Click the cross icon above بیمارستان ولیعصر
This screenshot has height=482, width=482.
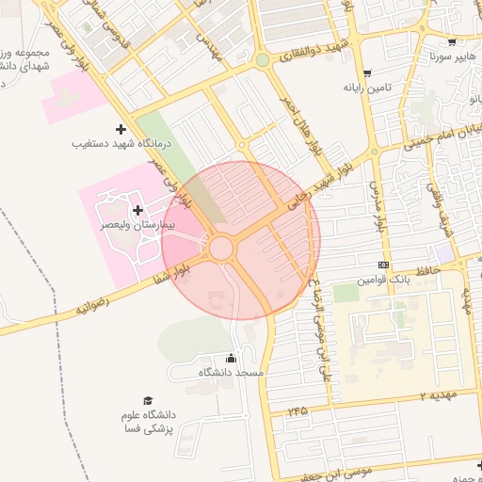(x=138, y=210)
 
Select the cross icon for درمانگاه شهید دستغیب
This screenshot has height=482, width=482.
(x=120, y=129)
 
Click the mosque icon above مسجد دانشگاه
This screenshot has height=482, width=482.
(x=233, y=358)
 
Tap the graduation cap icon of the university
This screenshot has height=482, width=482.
(x=146, y=400)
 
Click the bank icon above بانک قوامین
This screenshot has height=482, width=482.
(x=382, y=265)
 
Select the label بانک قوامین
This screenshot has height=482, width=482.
(x=381, y=281)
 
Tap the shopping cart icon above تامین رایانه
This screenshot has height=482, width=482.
(x=367, y=72)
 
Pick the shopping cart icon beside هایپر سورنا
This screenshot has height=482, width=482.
(x=452, y=41)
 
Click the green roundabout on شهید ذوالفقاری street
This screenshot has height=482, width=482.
(x=263, y=60)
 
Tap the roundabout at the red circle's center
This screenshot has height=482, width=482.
(x=222, y=248)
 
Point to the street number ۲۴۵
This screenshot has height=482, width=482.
(x=298, y=410)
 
